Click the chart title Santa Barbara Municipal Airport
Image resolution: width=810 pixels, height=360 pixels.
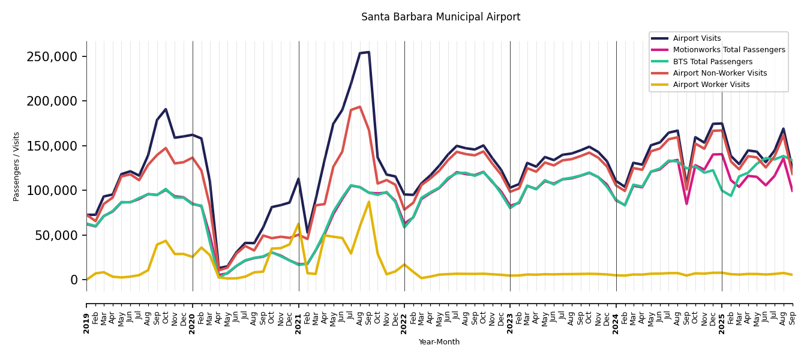point(440,17)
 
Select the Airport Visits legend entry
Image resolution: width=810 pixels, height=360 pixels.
point(697,38)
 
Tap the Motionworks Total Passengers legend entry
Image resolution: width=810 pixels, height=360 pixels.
point(728,50)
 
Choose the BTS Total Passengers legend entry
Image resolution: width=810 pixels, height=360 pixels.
point(712,62)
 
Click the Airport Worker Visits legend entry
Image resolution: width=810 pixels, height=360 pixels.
point(711,85)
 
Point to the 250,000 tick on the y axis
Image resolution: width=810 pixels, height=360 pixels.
point(52,57)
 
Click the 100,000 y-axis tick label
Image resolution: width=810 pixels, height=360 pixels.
point(52,191)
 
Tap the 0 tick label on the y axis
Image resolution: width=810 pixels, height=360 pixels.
point(74,280)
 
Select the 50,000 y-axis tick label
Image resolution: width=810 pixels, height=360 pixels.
point(56,235)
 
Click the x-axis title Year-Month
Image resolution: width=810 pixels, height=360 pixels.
point(439,342)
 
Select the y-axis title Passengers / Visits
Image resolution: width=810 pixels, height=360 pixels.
point(17,166)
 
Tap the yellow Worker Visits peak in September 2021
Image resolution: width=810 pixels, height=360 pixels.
point(369,202)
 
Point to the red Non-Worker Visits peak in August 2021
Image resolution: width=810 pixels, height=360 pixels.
point(360,107)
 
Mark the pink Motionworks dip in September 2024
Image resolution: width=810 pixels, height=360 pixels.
point(686,204)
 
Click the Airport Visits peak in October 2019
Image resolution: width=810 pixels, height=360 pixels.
point(166,109)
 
